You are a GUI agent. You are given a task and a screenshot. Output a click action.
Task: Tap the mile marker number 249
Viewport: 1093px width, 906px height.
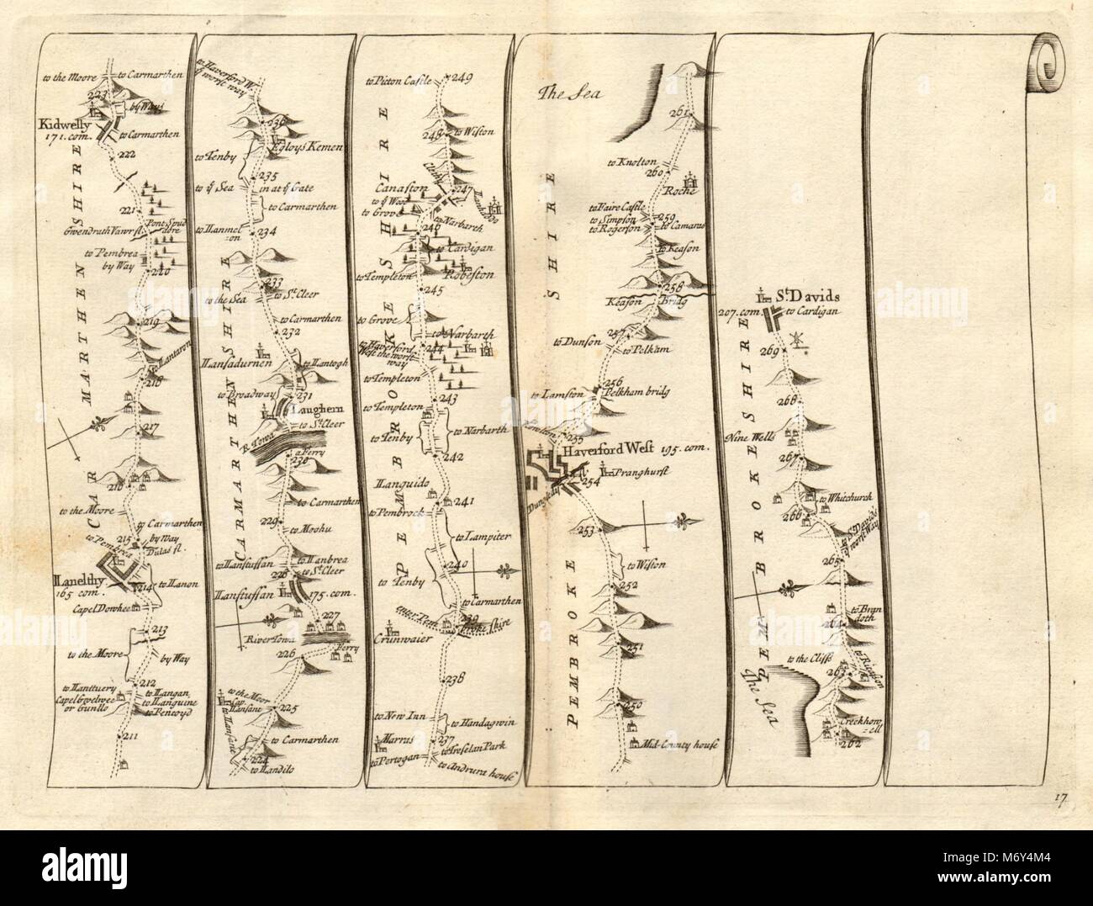pyautogui.click(x=464, y=81)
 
